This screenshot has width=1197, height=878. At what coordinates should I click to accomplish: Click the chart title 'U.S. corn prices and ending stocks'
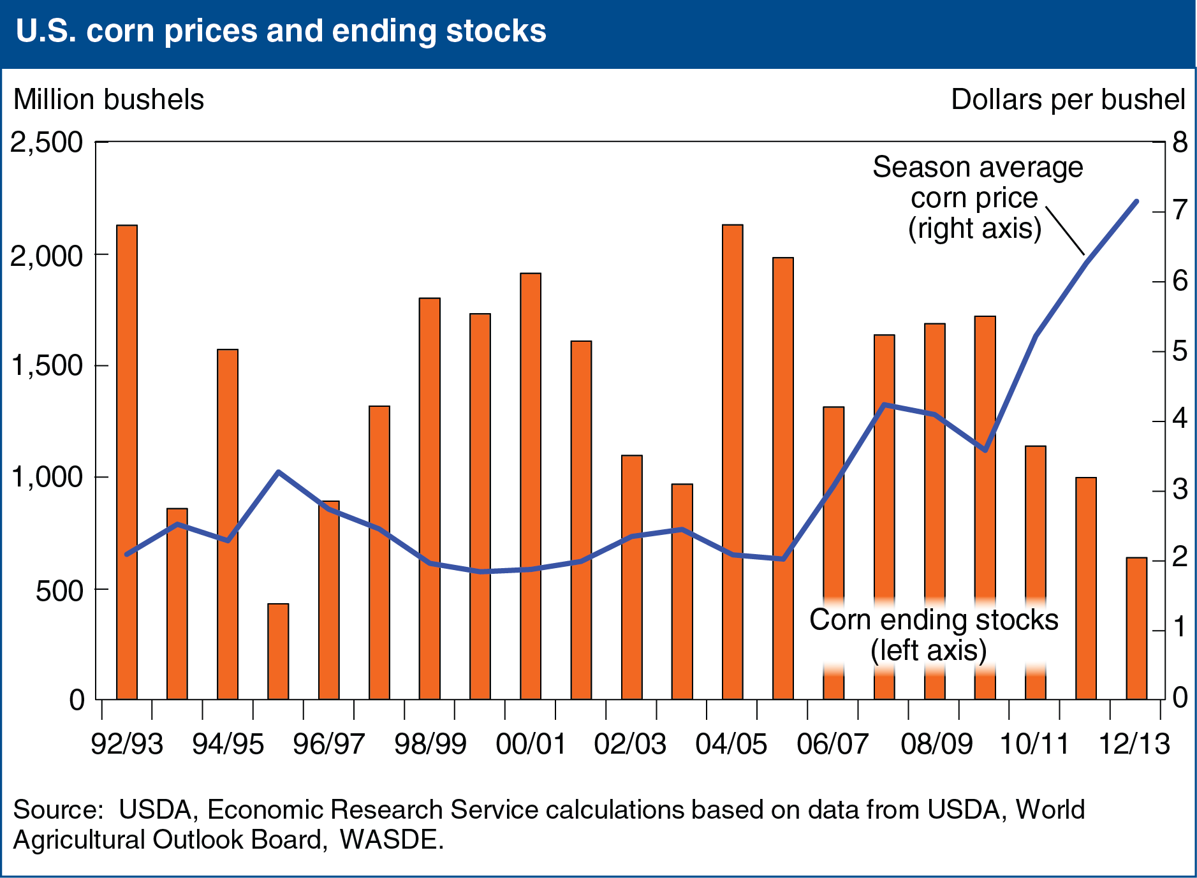[281, 31]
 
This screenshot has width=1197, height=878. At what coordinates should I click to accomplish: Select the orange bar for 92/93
[127, 462]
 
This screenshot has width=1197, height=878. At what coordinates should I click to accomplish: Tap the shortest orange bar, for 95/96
[278, 652]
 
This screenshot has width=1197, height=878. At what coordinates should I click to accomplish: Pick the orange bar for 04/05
[733, 462]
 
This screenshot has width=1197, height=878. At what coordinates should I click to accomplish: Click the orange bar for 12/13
[1136, 629]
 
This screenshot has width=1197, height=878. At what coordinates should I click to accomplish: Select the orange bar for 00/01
[531, 487]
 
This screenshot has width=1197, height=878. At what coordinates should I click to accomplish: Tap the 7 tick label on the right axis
[1180, 210]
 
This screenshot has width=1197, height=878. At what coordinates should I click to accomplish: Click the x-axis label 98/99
[430, 743]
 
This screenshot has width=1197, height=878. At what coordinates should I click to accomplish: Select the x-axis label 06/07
[833, 743]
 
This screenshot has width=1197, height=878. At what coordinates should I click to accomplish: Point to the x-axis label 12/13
[1135, 743]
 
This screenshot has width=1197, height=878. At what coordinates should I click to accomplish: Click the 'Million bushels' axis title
[109, 100]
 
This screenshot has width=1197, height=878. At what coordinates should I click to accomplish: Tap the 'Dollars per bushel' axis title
[1068, 100]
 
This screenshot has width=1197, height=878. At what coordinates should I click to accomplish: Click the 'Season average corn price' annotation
[977, 183]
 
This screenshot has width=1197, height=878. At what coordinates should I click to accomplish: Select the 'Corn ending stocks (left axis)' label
[934, 635]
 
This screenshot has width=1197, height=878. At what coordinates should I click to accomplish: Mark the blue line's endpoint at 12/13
[1136, 201]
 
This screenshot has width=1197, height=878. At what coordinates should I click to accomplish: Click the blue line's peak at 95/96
[278, 472]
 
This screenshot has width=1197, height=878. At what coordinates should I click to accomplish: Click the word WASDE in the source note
[391, 839]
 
